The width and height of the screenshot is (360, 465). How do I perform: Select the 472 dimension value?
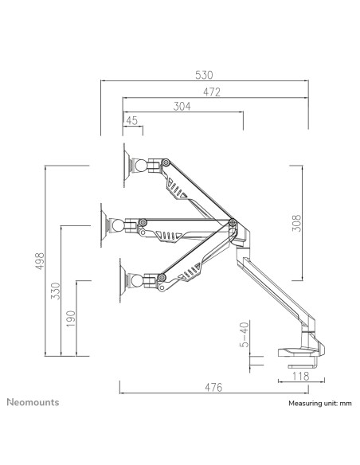point(210,92)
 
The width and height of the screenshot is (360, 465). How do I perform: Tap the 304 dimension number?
point(182,107)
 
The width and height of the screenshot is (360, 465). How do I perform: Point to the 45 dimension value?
point(131,121)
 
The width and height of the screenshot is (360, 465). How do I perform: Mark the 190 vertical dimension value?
point(71,318)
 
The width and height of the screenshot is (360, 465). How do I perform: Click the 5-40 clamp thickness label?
point(245,338)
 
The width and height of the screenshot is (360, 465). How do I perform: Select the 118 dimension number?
point(301,377)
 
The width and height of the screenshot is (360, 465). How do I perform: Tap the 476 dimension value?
point(212,388)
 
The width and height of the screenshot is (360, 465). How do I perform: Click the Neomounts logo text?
point(33,402)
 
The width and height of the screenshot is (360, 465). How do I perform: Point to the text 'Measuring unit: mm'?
point(319,404)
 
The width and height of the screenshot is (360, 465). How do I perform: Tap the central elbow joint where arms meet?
point(231,225)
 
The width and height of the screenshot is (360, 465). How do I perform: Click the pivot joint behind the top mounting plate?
point(151,165)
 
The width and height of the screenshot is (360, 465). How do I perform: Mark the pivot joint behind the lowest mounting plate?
point(148,279)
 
